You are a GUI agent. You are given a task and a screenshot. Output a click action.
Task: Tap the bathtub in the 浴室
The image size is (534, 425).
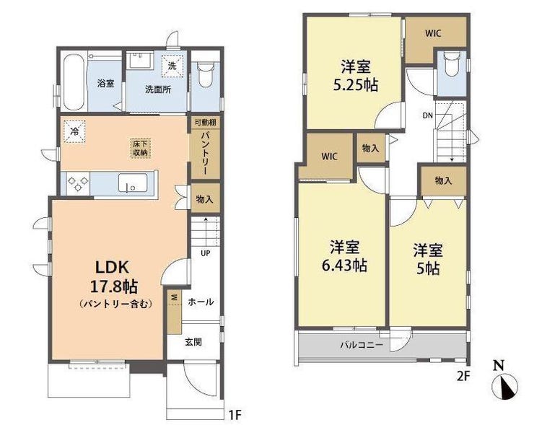(x=74, y=82)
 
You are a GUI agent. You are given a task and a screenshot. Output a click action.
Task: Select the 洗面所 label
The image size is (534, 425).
(x=158, y=90)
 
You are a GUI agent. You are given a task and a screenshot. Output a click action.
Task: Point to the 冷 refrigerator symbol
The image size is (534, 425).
(x=74, y=131)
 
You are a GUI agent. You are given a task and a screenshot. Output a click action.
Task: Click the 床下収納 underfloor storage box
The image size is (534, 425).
(x=140, y=148)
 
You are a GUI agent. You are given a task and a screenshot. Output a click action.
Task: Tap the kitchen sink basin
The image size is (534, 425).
(x=133, y=183)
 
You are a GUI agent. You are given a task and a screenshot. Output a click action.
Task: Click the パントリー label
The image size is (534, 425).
(x=205, y=152)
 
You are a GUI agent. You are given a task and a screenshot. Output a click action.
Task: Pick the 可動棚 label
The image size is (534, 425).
(x=205, y=122)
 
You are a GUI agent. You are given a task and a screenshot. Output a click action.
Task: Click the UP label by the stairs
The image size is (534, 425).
(x=206, y=253)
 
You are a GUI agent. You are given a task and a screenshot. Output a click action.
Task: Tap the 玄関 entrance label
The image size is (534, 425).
(x=193, y=341)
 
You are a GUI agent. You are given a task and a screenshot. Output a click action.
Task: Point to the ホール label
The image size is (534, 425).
(x=201, y=302)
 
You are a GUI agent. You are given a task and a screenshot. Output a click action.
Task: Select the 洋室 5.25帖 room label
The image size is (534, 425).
(x=356, y=76)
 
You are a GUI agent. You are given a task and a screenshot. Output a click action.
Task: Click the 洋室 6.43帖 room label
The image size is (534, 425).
(x=344, y=256)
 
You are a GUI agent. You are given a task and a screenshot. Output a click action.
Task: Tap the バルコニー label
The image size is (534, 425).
(x=362, y=346)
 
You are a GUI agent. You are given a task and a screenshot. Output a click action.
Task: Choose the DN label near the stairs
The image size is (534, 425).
(x=428, y=115)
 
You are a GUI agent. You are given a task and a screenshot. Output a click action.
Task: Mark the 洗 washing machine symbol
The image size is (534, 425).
(x=172, y=66)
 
